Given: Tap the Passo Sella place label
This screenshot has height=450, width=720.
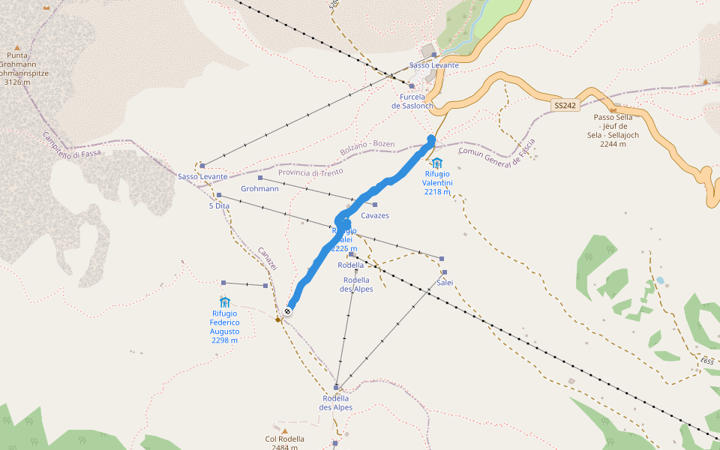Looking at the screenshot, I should [614, 126].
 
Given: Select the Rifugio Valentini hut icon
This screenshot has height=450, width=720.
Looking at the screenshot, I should [436, 163].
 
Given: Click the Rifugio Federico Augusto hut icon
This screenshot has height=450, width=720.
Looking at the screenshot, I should [224, 301].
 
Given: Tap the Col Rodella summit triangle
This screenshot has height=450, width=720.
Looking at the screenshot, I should [285, 431].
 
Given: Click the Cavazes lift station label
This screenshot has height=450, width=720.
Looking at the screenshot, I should [375, 215].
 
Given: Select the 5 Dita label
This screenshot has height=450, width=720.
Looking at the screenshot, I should [219, 205].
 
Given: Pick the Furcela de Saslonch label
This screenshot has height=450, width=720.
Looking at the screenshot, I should [412, 101].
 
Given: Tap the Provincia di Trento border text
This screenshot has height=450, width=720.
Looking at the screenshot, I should [310, 172].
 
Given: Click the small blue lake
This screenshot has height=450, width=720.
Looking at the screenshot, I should [659, 280].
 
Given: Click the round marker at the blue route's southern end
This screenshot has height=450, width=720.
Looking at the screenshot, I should [288, 310].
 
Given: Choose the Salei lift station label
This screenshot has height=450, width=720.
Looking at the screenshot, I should [445, 282].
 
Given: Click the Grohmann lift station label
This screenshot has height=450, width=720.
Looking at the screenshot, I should [260, 188].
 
